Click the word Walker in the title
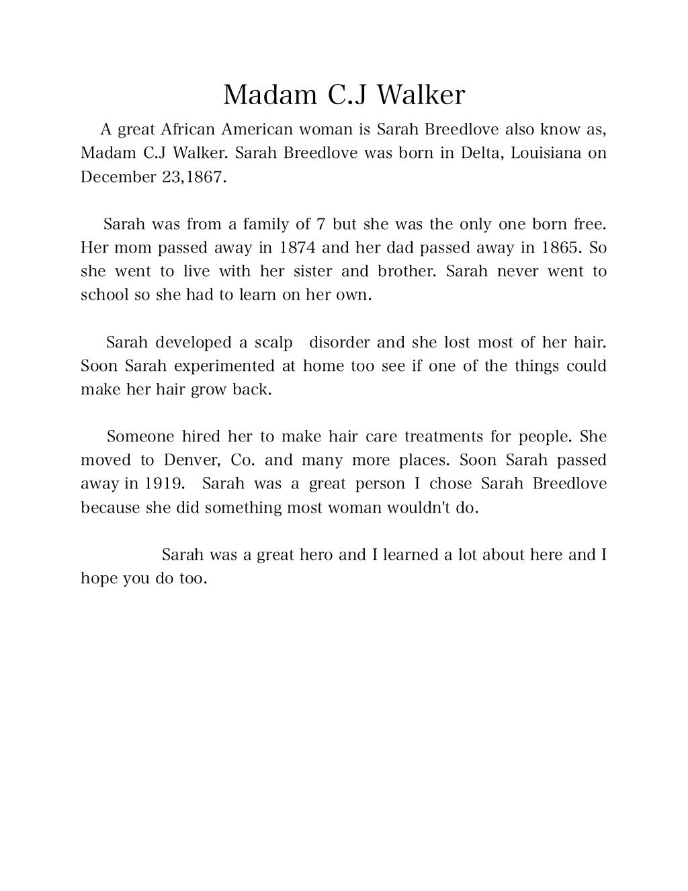[x=420, y=95]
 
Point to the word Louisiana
[x=546, y=153]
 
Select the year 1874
[x=297, y=248]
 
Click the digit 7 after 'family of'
[x=320, y=224]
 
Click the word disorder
[x=339, y=343]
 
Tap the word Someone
[x=140, y=437]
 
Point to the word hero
[x=316, y=555]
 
